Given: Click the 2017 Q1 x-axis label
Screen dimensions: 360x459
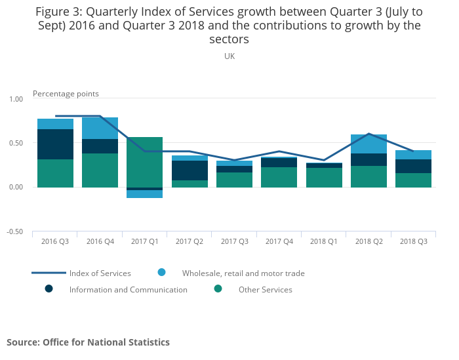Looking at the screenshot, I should (x=145, y=242).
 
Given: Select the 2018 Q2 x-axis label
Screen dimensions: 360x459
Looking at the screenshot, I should (x=369, y=242).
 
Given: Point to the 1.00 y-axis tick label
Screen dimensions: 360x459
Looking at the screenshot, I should (x=15, y=99).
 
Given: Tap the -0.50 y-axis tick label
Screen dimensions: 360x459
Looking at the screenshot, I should (x=14, y=232).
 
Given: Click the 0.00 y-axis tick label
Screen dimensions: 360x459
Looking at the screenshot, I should (x=15, y=188).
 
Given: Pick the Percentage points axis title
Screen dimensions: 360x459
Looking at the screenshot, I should (x=66, y=94).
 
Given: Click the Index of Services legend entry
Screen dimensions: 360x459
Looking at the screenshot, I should (x=100, y=273).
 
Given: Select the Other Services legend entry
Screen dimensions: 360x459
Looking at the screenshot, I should (x=266, y=290).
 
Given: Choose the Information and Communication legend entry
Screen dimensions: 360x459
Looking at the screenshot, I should (x=128, y=290).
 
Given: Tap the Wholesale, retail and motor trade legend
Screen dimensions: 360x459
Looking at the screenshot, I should (x=243, y=273).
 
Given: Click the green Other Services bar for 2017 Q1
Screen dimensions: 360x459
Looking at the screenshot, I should (x=145, y=162).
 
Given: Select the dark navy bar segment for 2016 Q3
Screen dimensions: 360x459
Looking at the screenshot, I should (x=55, y=144).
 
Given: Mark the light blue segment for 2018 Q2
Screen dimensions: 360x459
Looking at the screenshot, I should (x=369, y=144).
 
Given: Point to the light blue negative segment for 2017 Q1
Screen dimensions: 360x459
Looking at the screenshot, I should (x=145, y=194).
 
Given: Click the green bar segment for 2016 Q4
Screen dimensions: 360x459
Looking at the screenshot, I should (x=100, y=170).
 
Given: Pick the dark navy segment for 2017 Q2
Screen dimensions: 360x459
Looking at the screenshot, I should (x=190, y=170).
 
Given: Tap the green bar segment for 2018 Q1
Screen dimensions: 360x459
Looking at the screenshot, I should (x=324, y=178).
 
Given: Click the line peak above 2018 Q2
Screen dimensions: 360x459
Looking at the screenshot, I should (x=369, y=134).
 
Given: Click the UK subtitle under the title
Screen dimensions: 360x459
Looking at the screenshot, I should (x=229, y=56).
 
